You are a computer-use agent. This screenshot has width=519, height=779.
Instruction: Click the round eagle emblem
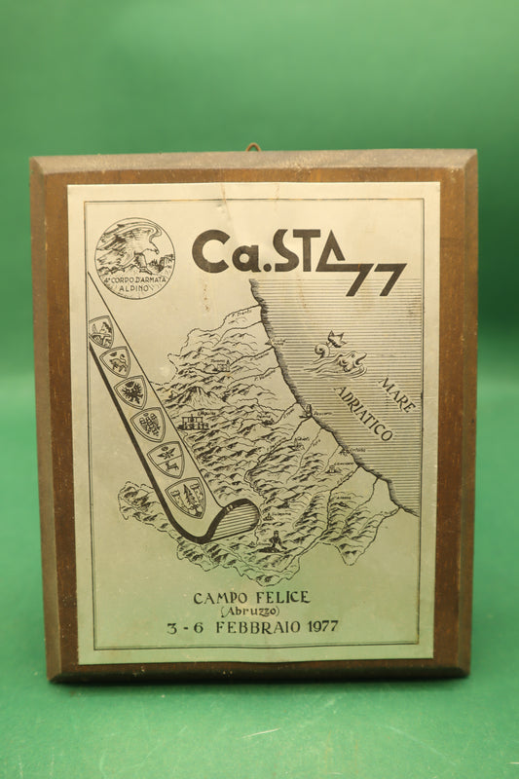(134, 257)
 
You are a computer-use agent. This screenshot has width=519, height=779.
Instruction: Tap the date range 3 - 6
(185, 627)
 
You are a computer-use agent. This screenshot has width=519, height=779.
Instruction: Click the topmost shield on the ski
(101, 333)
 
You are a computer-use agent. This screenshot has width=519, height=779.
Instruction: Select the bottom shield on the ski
(185, 497)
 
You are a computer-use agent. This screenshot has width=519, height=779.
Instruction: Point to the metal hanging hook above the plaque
(254, 148)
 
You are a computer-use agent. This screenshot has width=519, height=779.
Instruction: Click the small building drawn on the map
(195, 423)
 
